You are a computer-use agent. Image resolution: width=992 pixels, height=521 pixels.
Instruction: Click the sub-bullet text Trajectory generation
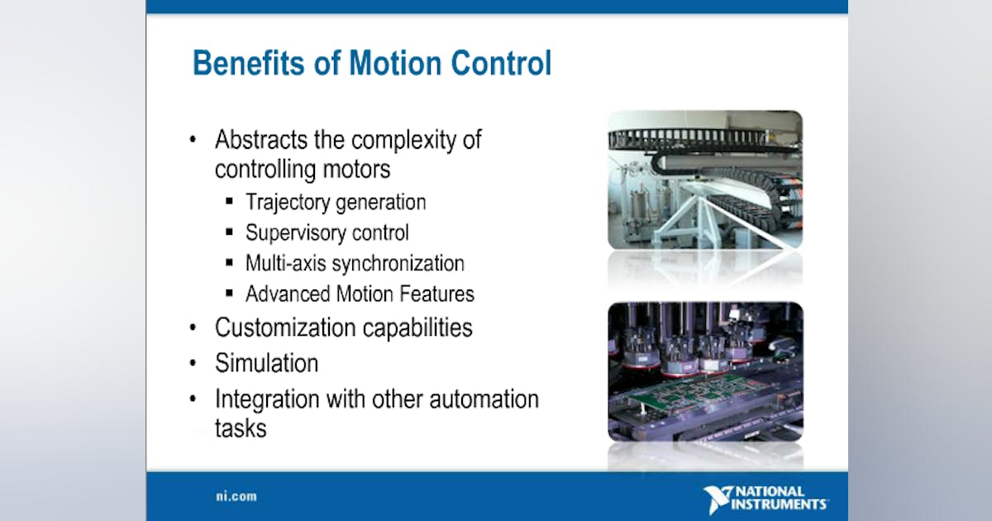[336, 202]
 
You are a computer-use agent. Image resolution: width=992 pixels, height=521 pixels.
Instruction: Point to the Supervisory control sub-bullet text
[327, 233]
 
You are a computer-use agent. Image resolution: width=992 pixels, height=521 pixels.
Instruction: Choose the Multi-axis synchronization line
[355, 264]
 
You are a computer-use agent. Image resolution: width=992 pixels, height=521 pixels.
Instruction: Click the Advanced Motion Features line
[360, 294]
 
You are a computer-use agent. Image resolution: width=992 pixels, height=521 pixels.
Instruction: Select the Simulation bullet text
[266, 363]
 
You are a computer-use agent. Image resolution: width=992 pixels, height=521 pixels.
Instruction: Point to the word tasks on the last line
[241, 428]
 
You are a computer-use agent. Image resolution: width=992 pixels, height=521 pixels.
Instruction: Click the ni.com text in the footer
[231, 497]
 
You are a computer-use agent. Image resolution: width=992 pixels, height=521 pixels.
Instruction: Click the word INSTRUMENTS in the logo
[781, 504]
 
